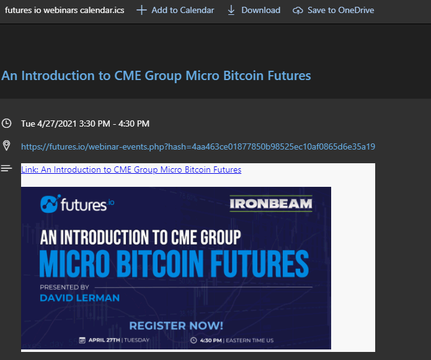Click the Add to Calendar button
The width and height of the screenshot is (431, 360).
click(x=175, y=10)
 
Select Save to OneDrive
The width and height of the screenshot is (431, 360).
click(x=333, y=10)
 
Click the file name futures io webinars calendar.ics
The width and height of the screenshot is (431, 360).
click(x=64, y=10)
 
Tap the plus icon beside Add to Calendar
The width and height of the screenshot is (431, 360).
click(x=141, y=10)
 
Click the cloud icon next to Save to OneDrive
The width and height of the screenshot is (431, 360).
click(x=298, y=11)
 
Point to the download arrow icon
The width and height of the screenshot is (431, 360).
click(x=231, y=10)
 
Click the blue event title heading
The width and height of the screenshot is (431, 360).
click(x=156, y=76)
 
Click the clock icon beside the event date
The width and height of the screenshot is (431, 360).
click(x=6, y=124)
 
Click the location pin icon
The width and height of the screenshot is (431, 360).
click(x=6, y=145)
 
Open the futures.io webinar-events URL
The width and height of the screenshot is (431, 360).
click(x=198, y=146)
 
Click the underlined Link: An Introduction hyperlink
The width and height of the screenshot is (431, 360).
click(x=131, y=169)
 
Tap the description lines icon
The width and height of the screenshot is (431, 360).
click(x=6, y=168)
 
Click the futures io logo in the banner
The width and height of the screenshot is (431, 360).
click(x=78, y=204)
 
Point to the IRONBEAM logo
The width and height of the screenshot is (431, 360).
click(x=271, y=204)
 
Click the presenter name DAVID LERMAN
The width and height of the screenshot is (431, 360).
click(x=80, y=298)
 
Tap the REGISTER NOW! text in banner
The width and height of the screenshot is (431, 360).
click(x=176, y=326)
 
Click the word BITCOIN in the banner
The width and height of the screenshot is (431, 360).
click(x=161, y=263)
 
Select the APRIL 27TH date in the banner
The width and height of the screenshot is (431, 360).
click(x=104, y=340)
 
